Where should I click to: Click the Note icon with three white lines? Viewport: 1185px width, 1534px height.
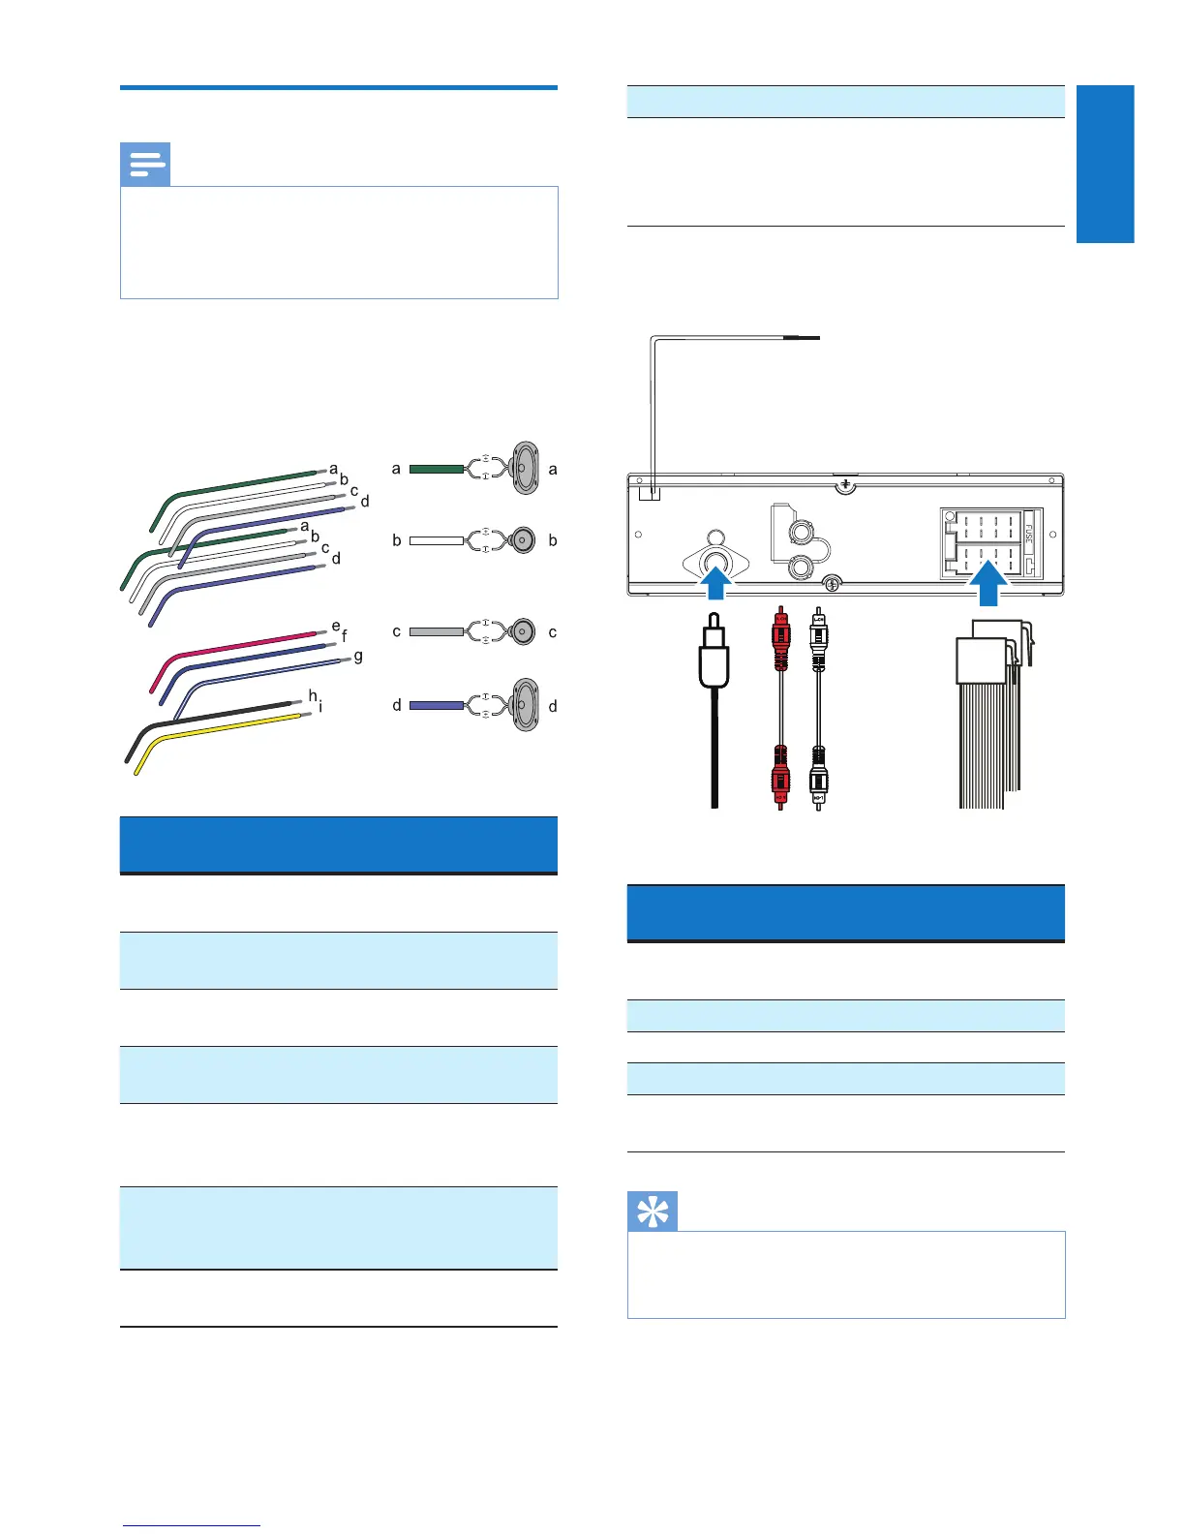pyautogui.click(x=145, y=165)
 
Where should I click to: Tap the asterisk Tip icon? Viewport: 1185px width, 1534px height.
pyautogui.click(x=653, y=1211)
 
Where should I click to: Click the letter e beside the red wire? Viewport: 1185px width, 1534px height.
pyautogui.click(x=336, y=627)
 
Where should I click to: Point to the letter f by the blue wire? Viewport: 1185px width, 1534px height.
pyautogui.click(x=345, y=637)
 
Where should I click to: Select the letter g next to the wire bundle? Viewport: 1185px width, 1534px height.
pyautogui.click(x=358, y=657)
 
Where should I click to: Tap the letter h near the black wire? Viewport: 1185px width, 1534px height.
pyautogui.click(x=313, y=695)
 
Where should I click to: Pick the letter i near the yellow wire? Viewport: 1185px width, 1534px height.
pyautogui.click(x=320, y=707)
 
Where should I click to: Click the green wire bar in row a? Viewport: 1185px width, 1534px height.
pyautogui.click(x=437, y=469)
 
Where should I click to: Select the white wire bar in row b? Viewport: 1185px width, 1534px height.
pyautogui.click(x=437, y=540)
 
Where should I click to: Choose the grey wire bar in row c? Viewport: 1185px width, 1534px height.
pyautogui.click(x=437, y=631)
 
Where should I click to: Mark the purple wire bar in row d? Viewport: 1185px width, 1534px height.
pyautogui.click(x=437, y=705)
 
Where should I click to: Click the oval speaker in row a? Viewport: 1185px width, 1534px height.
pyautogui.click(x=525, y=469)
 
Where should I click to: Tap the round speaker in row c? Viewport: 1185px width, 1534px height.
pyautogui.click(x=524, y=631)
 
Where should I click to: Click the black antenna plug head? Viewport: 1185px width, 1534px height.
pyautogui.click(x=714, y=659)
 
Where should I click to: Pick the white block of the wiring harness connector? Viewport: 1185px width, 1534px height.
pyautogui.click(x=982, y=662)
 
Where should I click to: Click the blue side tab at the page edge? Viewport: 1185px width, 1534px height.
pyautogui.click(x=1106, y=164)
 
